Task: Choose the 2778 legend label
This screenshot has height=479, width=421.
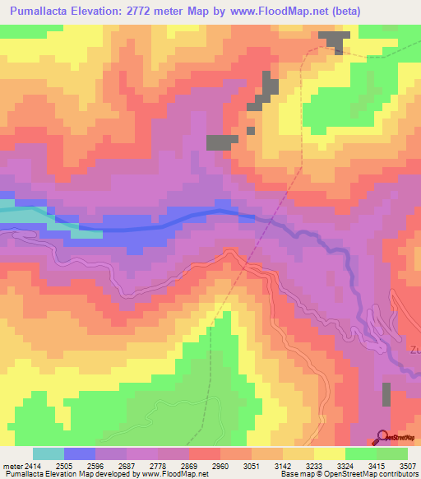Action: click(176, 465)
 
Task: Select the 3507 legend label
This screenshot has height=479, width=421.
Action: click(406, 465)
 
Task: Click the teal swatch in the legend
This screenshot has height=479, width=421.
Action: click(49, 453)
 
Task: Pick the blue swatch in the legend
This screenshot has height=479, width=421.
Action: click(80, 453)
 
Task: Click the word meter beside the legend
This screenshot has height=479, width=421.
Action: click(11, 465)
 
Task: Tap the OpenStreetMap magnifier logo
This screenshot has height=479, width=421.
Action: click(383, 437)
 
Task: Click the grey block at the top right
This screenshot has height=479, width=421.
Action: click(333, 42)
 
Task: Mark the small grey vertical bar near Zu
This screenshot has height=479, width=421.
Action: click(386, 396)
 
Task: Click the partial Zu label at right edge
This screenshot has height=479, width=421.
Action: click(414, 348)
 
